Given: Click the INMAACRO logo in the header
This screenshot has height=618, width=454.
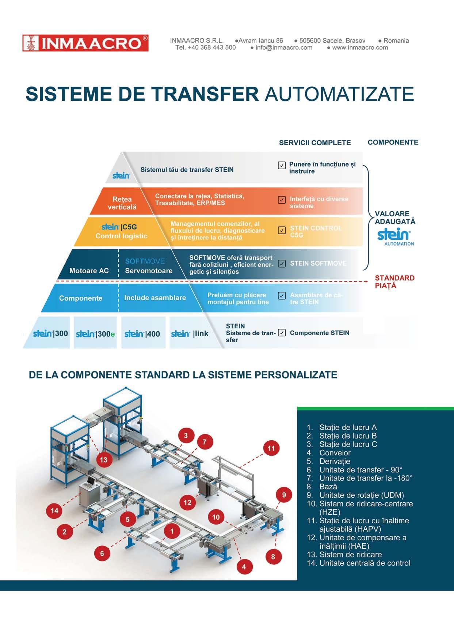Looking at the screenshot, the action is tap(85, 43).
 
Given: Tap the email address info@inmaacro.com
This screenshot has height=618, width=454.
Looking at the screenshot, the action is tap(284, 47).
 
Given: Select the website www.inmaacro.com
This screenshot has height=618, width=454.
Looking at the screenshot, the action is tap(360, 47).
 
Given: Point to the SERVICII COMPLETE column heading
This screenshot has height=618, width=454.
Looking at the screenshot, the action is tap(315, 143).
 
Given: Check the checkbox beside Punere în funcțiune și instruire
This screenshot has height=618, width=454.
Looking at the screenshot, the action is tap(282, 166).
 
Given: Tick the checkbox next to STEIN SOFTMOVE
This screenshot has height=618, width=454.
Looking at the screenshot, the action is tap(282, 263).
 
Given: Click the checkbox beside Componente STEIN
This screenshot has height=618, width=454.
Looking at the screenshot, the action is tap(282, 333).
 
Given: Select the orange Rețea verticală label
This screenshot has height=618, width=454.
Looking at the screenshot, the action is tap(122, 203).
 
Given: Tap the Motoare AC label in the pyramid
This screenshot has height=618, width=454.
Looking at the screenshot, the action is tap(89, 271).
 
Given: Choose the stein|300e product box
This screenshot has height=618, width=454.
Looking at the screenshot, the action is tap(95, 333).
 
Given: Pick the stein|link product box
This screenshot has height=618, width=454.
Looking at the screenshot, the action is tap(190, 333).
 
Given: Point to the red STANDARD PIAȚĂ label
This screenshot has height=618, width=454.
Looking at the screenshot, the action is tap(394, 282).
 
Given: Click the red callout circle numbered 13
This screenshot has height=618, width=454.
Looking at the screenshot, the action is tap(104, 460).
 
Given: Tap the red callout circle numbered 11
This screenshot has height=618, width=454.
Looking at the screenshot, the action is tap(271, 448).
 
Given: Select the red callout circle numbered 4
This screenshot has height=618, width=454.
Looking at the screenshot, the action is tap(244, 567).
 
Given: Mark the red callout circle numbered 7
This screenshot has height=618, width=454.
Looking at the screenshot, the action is tap(205, 442).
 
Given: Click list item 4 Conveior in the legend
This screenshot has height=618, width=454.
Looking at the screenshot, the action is tap(334, 453).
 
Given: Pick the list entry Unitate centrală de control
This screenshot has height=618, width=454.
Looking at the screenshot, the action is tap(364, 563).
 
